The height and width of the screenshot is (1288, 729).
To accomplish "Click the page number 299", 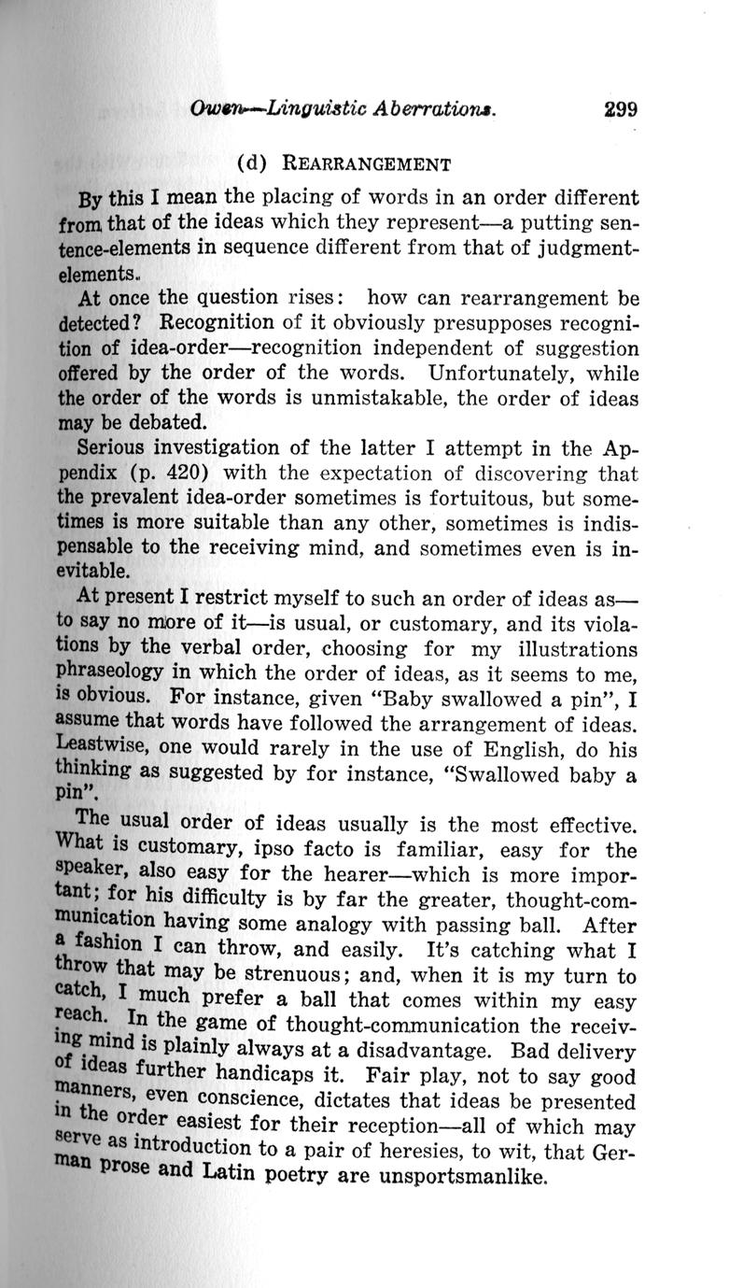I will [620, 108].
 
